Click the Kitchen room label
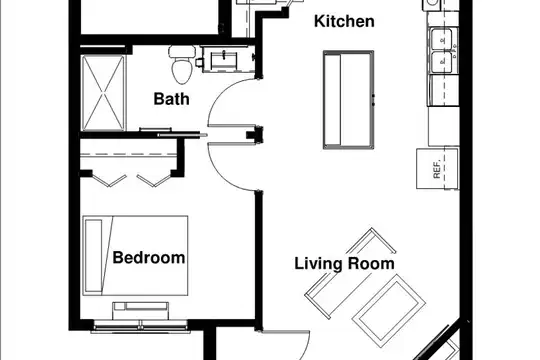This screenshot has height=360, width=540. pos(344,21)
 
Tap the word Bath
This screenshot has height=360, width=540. pos(171,99)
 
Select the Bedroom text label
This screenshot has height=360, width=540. pos(149,258)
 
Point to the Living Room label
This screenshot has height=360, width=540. pos(344,264)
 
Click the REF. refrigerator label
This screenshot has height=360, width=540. pos(437,169)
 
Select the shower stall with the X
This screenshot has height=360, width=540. pos(103,93)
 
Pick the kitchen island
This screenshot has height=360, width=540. pos(348,100)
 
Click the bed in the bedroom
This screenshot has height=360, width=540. pos(135,256)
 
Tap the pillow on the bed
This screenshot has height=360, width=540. pos(94,256)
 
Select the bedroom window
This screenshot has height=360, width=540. pos(140,326)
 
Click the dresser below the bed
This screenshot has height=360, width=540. pos(141,311)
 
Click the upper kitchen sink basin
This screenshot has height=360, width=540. pos(442,39)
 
